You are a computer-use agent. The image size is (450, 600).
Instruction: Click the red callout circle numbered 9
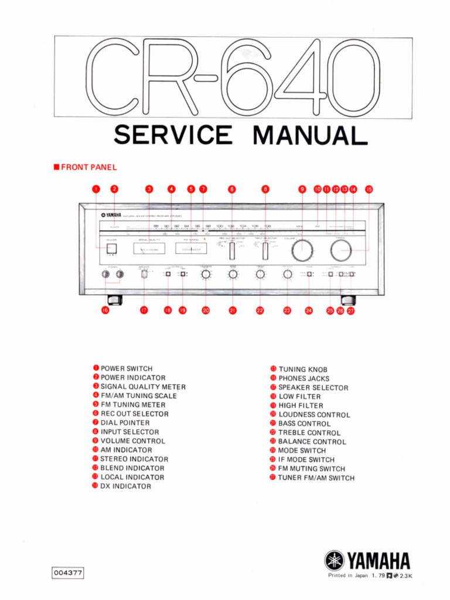[302, 189]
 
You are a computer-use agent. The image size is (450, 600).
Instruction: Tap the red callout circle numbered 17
[144, 311]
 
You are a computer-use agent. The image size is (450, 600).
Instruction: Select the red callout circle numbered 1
[97, 189]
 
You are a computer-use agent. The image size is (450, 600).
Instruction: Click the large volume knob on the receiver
[302, 250]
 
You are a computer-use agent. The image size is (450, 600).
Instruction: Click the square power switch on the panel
[111, 248]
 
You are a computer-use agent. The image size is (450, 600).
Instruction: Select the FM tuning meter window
[190, 249]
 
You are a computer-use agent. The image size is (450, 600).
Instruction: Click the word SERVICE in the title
[173, 135]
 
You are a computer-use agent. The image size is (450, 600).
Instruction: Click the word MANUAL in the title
[310, 135]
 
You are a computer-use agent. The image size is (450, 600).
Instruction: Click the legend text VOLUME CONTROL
[133, 441]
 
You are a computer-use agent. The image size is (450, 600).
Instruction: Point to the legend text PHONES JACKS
[304, 379]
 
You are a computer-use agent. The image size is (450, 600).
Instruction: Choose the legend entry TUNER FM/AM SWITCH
[316, 478]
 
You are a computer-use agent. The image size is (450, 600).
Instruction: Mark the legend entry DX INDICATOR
[125, 486]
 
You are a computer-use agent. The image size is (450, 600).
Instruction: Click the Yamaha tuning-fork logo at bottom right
[335, 561]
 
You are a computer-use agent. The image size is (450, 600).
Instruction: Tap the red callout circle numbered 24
[309, 311]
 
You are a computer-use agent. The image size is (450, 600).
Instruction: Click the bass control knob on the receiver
[233, 274]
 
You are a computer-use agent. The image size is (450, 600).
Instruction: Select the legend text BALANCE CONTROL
[312, 442]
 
